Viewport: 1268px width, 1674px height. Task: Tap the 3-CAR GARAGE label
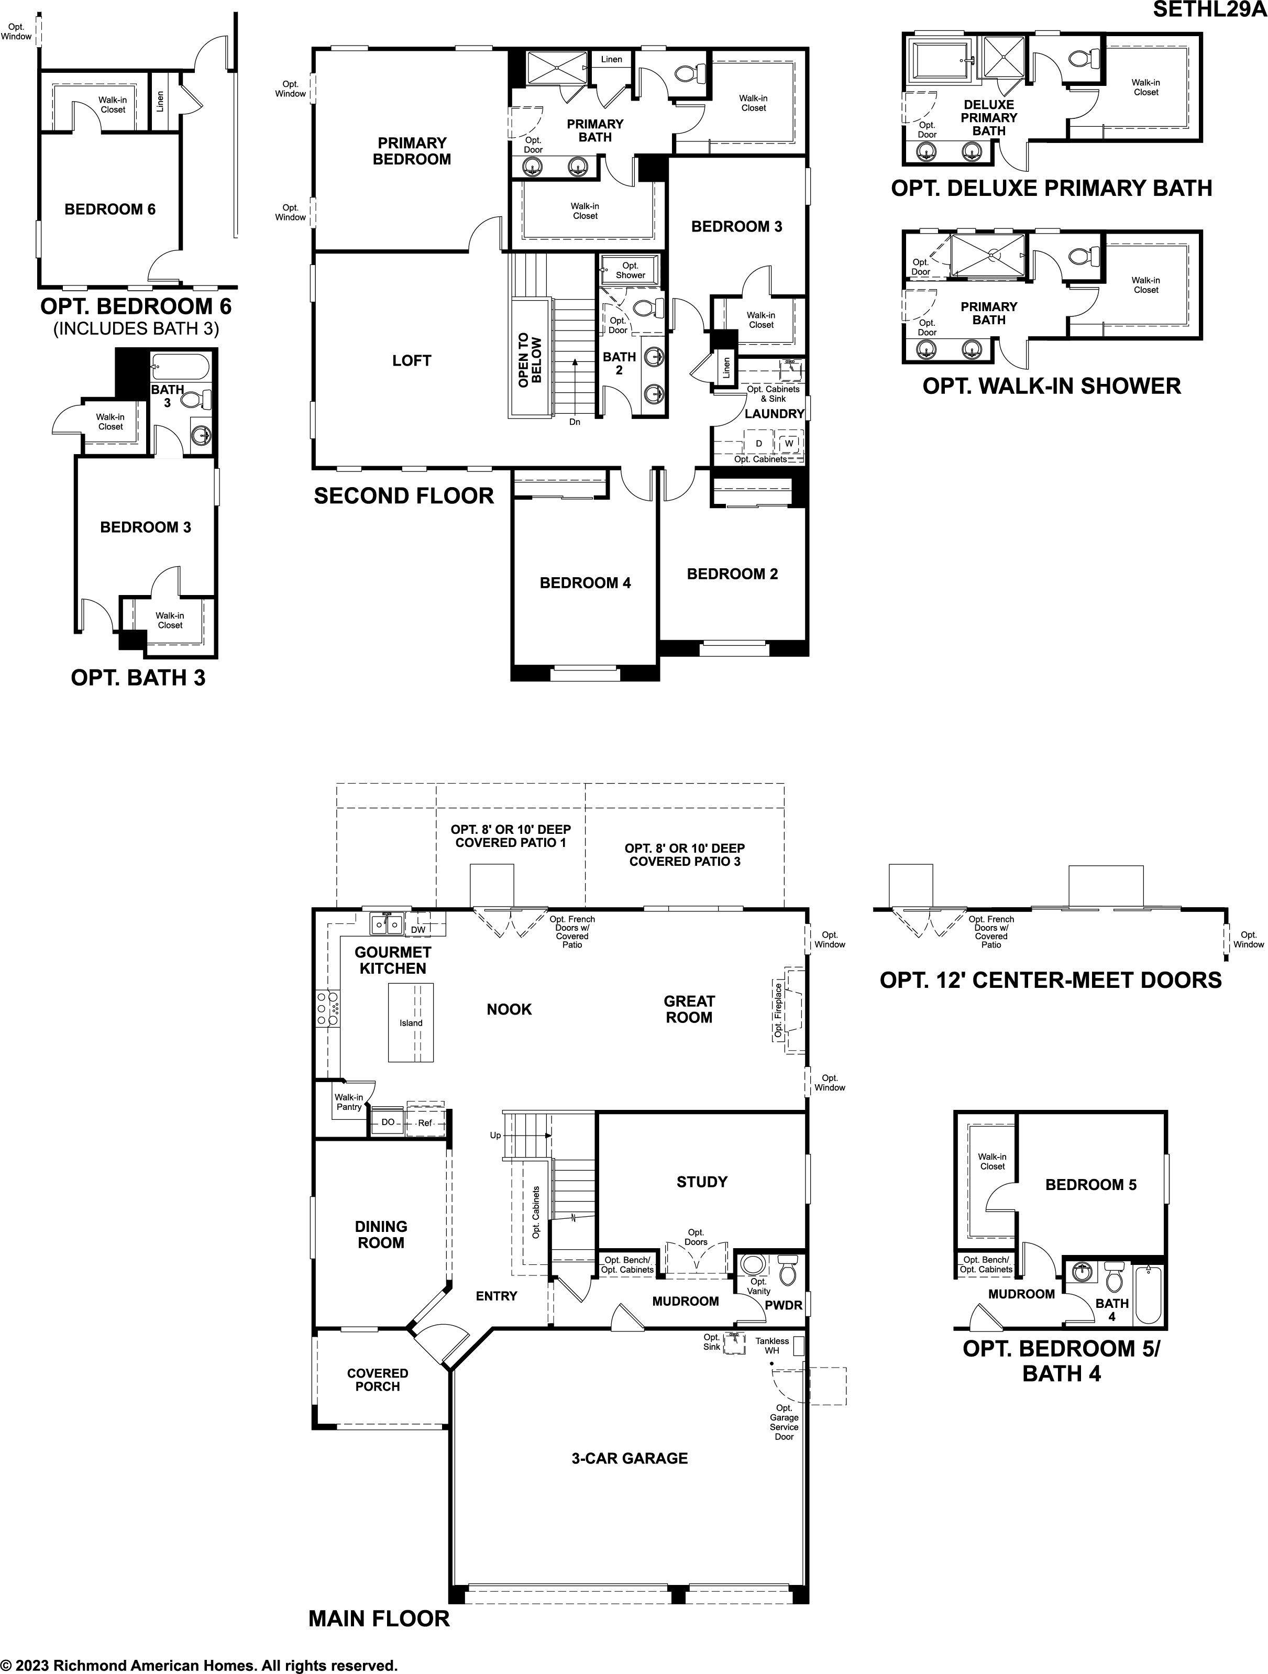[x=630, y=1458]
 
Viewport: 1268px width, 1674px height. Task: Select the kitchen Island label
[x=411, y=1022]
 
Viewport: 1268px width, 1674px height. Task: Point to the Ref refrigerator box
[x=425, y=1122]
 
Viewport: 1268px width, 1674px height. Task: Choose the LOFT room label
[x=412, y=361]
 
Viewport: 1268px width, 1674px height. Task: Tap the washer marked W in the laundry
[x=789, y=443]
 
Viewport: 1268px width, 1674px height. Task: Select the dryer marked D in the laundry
[x=759, y=443]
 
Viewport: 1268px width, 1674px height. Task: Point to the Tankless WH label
[x=771, y=1346]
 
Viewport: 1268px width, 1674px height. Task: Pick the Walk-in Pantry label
[x=349, y=1102]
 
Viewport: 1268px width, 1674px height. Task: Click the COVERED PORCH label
[x=378, y=1380]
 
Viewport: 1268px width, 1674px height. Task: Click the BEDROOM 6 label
[x=109, y=210]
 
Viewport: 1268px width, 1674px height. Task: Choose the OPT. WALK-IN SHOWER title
[x=1052, y=386]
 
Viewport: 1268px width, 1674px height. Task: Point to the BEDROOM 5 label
[x=1091, y=1184]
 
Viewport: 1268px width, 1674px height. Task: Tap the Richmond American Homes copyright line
[x=199, y=1665]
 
